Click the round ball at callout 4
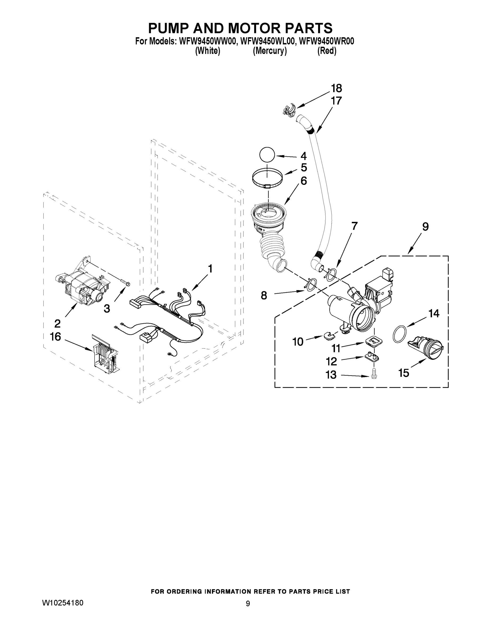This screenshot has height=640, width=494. (267, 154)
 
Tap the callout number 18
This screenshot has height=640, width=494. (336, 88)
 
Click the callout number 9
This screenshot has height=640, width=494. (425, 226)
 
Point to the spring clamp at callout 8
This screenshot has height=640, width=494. (311, 285)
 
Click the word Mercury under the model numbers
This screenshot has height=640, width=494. (270, 51)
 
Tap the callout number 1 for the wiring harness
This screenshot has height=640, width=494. (210, 269)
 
